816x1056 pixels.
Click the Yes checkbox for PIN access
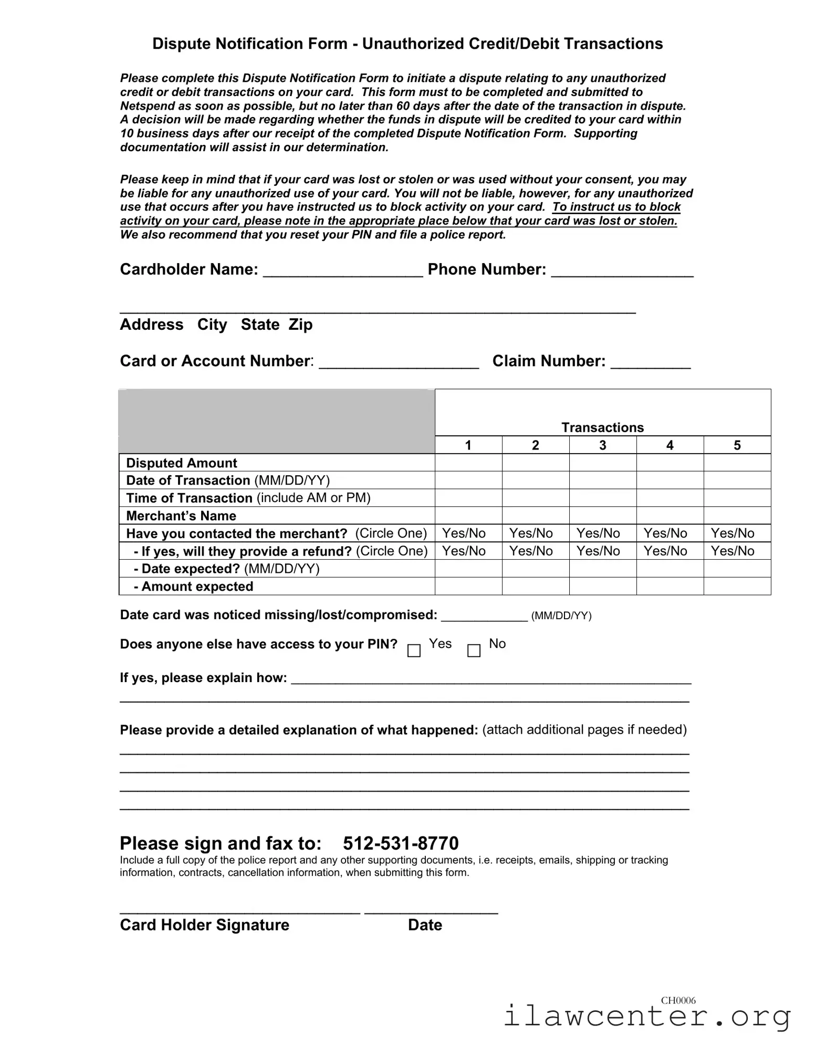[x=414, y=651]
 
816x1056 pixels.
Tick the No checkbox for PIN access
[x=474, y=651]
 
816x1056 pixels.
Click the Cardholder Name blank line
[x=342, y=271]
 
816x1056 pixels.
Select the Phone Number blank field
[x=622, y=271]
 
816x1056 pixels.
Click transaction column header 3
[x=602, y=445]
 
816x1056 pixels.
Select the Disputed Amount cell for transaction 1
[x=468, y=463]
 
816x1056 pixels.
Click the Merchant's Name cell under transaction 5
[x=737, y=516]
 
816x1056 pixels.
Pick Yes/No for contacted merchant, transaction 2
[x=531, y=534]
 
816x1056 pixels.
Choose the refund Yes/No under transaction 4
[x=665, y=551]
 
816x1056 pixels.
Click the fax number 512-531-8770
[x=401, y=843]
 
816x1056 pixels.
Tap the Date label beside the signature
[x=425, y=925]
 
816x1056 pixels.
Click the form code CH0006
[x=678, y=1000]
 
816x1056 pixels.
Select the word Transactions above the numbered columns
[x=602, y=427]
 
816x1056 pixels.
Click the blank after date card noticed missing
[x=484, y=616]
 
